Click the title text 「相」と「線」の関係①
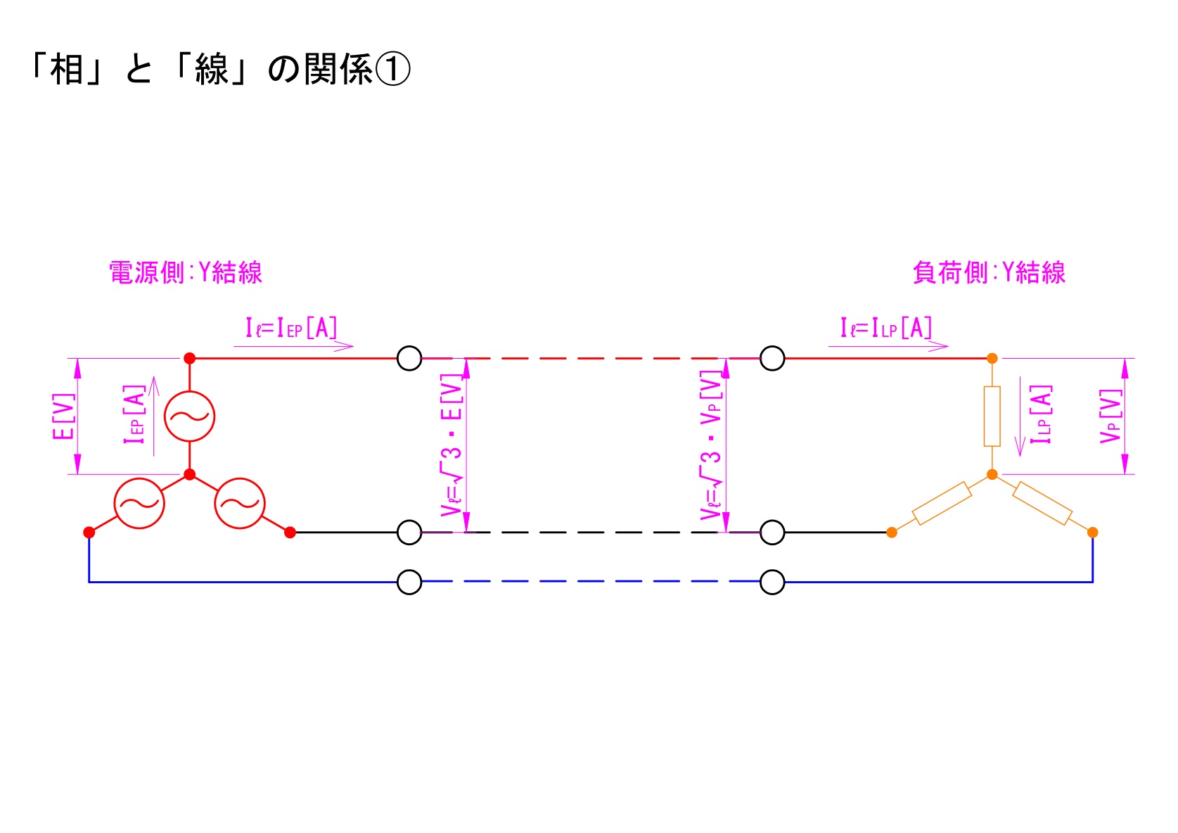click(218, 70)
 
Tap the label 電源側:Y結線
click(186, 273)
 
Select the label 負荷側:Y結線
click(989, 273)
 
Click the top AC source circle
click(189, 416)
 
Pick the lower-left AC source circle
click(139, 503)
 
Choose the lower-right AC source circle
click(240, 503)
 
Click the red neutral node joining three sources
click(189, 475)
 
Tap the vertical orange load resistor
click(992, 416)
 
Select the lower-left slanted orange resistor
click(942, 504)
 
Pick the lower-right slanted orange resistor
click(1042, 504)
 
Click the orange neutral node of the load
click(992, 475)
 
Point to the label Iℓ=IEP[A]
click(291, 328)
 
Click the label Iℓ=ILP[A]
click(885, 328)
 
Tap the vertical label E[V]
click(63, 416)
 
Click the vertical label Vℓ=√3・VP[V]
click(712, 447)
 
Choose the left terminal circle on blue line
click(409, 583)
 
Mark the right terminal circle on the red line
click(772, 358)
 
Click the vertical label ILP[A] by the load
click(1041, 415)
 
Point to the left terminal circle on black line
click(409, 533)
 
